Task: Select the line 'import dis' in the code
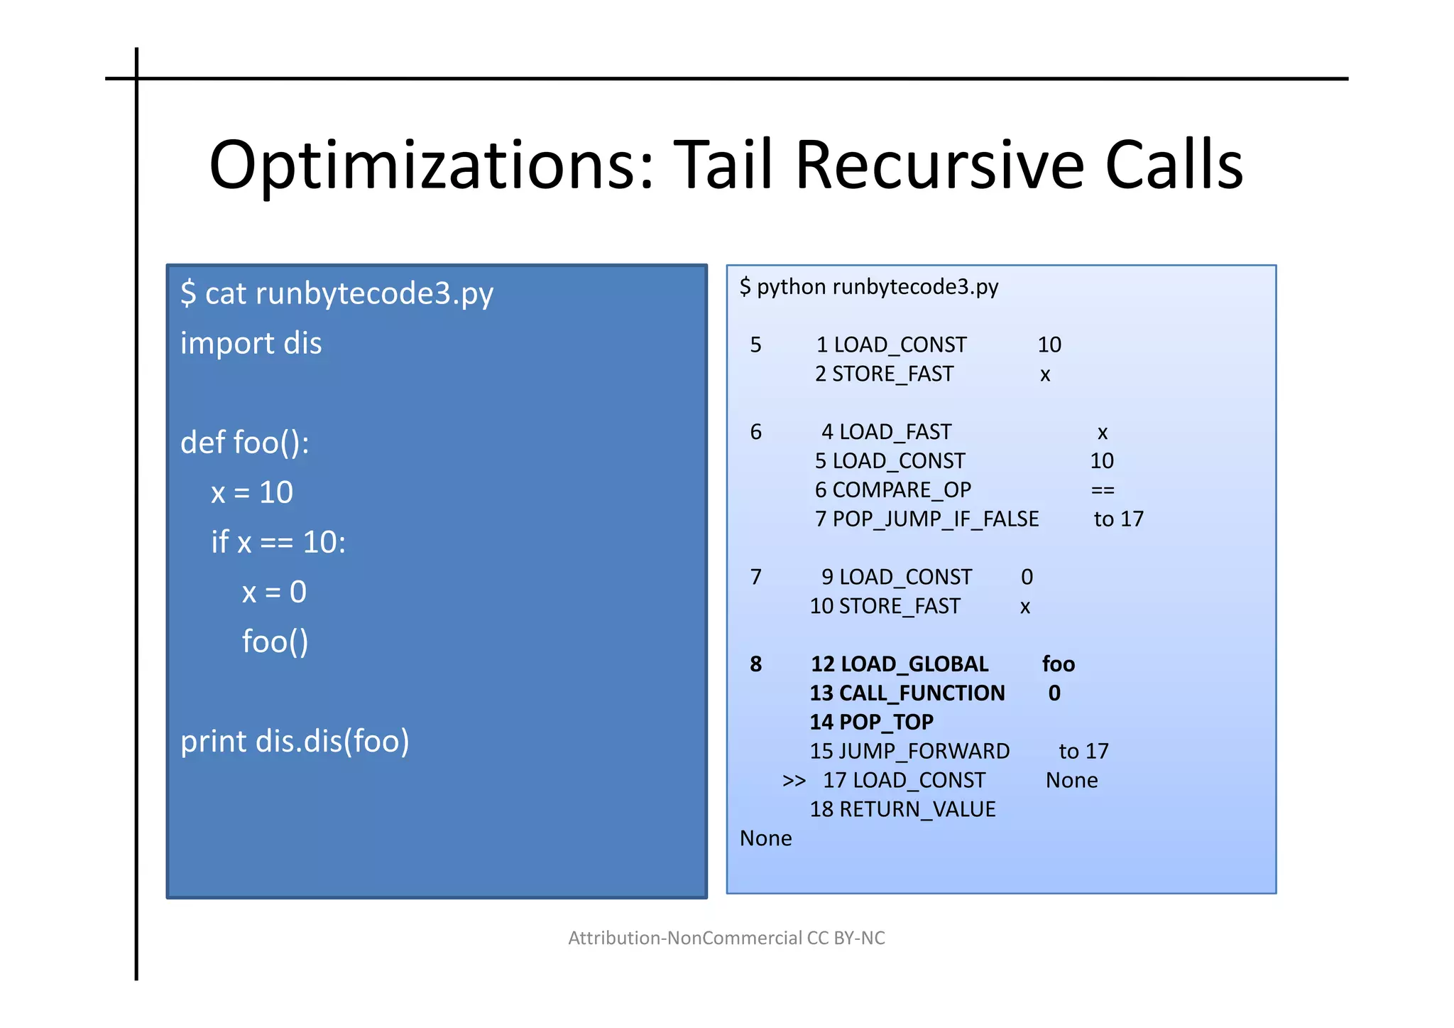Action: tap(251, 343)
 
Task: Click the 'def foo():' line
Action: tap(244, 443)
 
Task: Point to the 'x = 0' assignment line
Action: tap(274, 592)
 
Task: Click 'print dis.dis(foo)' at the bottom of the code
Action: tap(295, 741)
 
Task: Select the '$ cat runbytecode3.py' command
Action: tap(337, 293)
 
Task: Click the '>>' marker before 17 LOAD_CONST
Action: tap(794, 781)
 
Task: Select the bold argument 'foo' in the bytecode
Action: tap(1058, 664)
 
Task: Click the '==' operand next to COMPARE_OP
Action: tap(1103, 489)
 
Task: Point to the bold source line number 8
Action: tap(755, 664)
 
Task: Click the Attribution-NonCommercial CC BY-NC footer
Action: tap(726, 938)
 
